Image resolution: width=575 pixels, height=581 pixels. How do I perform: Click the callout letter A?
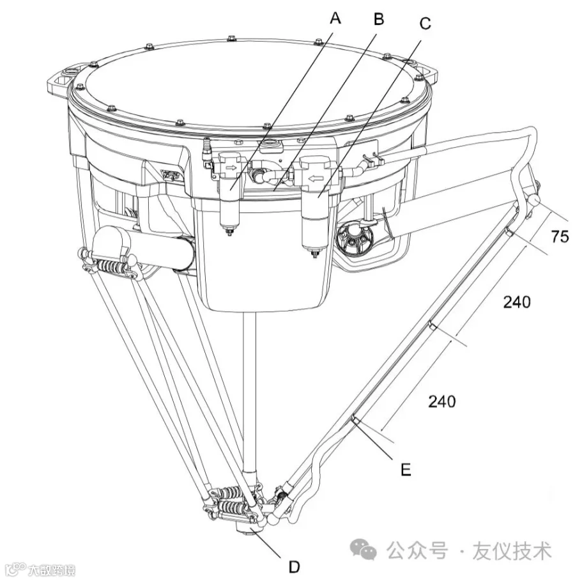click(335, 17)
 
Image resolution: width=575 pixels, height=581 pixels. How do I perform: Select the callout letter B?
click(379, 19)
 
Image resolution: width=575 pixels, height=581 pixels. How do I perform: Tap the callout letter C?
click(425, 23)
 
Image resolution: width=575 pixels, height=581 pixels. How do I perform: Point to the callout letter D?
click(294, 567)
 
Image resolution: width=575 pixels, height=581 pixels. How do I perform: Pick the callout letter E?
click(406, 470)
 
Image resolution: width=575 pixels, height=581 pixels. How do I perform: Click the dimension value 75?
click(560, 236)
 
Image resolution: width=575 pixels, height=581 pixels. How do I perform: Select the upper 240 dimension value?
click(517, 302)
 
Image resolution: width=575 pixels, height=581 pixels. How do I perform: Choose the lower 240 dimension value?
click(442, 401)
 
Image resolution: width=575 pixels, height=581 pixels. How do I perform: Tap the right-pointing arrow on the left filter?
click(231, 167)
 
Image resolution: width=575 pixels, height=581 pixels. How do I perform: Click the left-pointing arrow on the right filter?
click(316, 178)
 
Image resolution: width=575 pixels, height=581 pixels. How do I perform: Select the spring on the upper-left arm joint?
click(111, 267)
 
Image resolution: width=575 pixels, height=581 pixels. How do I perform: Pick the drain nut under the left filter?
click(229, 232)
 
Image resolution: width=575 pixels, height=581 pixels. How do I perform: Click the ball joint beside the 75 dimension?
click(534, 201)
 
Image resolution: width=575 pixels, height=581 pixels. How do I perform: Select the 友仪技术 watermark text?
click(512, 550)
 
